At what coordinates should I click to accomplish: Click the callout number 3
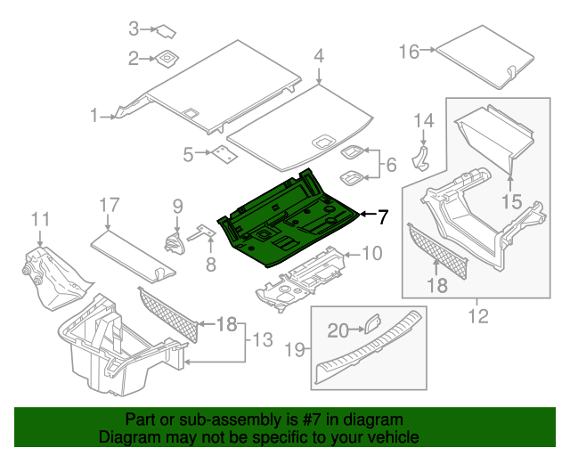(134, 28)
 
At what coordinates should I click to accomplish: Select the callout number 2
(134, 59)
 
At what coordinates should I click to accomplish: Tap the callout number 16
(409, 52)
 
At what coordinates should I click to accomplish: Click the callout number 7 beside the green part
(382, 216)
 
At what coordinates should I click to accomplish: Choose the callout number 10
(371, 254)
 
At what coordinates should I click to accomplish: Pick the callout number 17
(108, 206)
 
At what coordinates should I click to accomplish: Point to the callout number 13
(259, 338)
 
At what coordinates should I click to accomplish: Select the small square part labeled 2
(167, 60)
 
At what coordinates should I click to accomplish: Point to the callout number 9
(176, 206)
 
